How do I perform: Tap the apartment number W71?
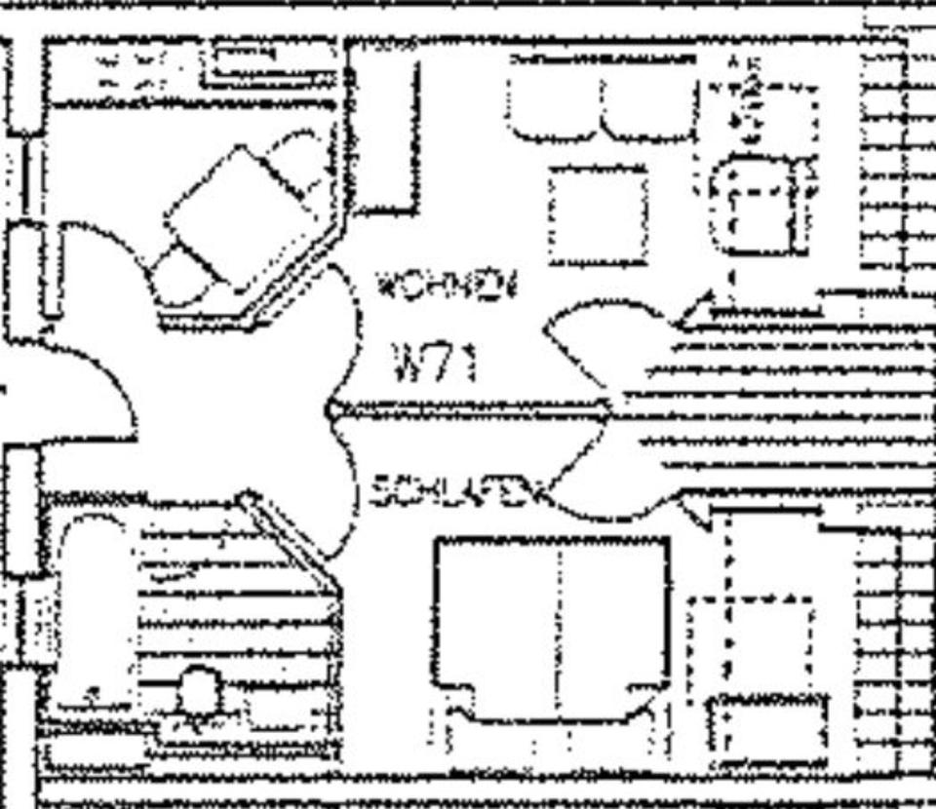tap(436, 363)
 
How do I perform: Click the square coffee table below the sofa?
tap(598, 215)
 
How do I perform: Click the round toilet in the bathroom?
tap(198, 694)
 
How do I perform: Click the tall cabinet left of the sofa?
tap(384, 136)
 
